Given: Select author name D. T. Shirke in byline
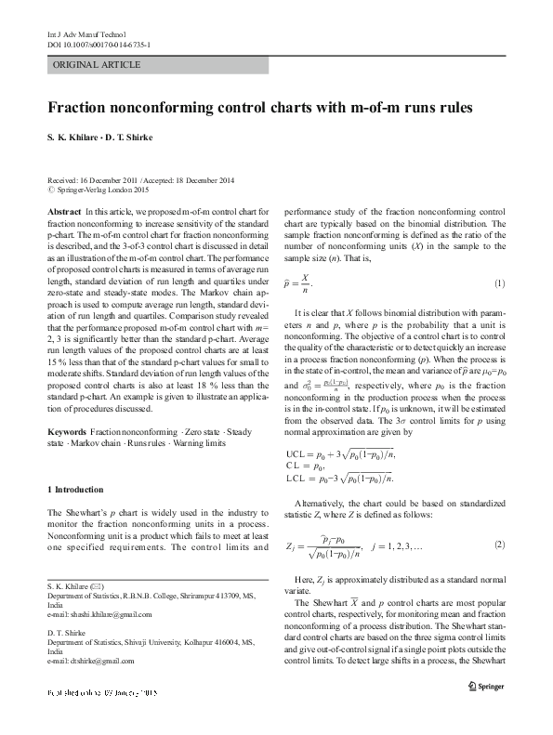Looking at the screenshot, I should pyautogui.click(x=132, y=138).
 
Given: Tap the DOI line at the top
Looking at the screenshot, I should pyautogui.click(x=99, y=45).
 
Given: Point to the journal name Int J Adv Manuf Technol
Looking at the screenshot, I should pyautogui.click(x=85, y=34).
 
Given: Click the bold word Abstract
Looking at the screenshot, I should pyautogui.click(x=63, y=213).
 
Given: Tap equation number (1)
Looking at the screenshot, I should pyautogui.click(x=499, y=282).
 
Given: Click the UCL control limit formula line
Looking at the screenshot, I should pyautogui.click(x=340, y=453).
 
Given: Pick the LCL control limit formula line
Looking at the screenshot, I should pyautogui.click(x=340, y=479).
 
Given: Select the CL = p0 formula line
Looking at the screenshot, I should pyautogui.click(x=308, y=466).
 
